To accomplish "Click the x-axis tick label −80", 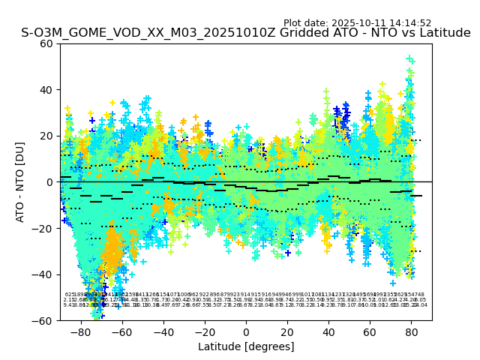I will pyautogui.click(x=80, y=331).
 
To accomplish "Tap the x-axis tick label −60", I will pyautogui.click(x=121, y=331).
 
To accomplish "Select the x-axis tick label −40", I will pyautogui.click(x=163, y=331).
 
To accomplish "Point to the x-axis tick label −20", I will pyautogui.click(x=204, y=331).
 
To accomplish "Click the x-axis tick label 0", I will pyautogui.click(x=246, y=331).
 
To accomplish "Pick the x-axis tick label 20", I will pyautogui.click(x=287, y=331).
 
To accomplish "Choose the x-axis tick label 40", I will pyautogui.click(x=328, y=331).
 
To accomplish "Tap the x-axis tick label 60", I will pyautogui.click(x=370, y=331).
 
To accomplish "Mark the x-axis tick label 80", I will pyautogui.click(x=411, y=331).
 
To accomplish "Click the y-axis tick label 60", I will pyautogui.click(x=47, y=43).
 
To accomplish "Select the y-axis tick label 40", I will pyautogui.click(x=47, y=90).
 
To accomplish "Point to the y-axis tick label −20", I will pyautogui.click(x=44, y=228).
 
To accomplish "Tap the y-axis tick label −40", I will pyautogui.click(x=44, y=274).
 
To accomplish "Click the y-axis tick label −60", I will pyautogui.click(x=44, y=320).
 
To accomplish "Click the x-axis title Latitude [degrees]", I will pyautogui.click(x=246, y=346).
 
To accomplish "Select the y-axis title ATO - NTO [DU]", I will pyautogui.click(x=20, y=182).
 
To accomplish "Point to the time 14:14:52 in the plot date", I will pyautogui.click(x=410, y=23).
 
